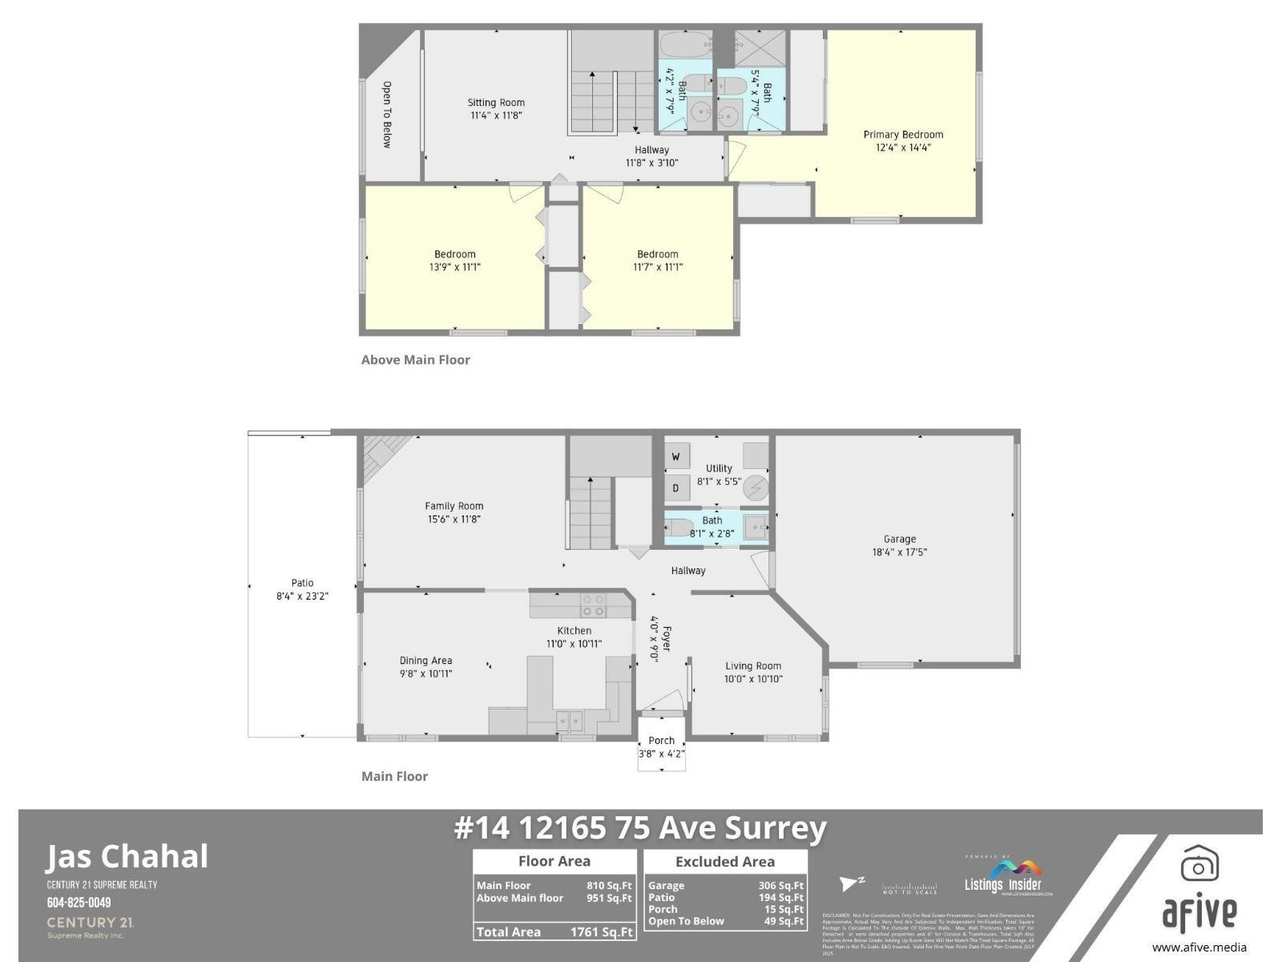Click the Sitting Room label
coord(496,103)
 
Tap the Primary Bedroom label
coord(903,135)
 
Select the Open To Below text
coord(386,115)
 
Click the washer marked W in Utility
coord(676,457)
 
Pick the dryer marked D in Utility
coord(676,487)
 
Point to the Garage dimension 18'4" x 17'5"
coord(900,552)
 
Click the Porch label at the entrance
coord(662,741)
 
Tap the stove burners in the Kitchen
coord(594,605)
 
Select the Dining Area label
coord(425,661)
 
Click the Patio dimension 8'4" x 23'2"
coord(302,596)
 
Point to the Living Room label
coord(753,665)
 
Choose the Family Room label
coord(454,506)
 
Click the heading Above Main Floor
coord(416,360)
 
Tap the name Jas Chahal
coord(127,856)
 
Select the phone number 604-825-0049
coord(79,903)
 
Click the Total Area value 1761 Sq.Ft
coord(601,932)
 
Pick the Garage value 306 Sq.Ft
coord(780,886)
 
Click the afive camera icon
coord(1199,864)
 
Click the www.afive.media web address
coord(1199,947)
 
